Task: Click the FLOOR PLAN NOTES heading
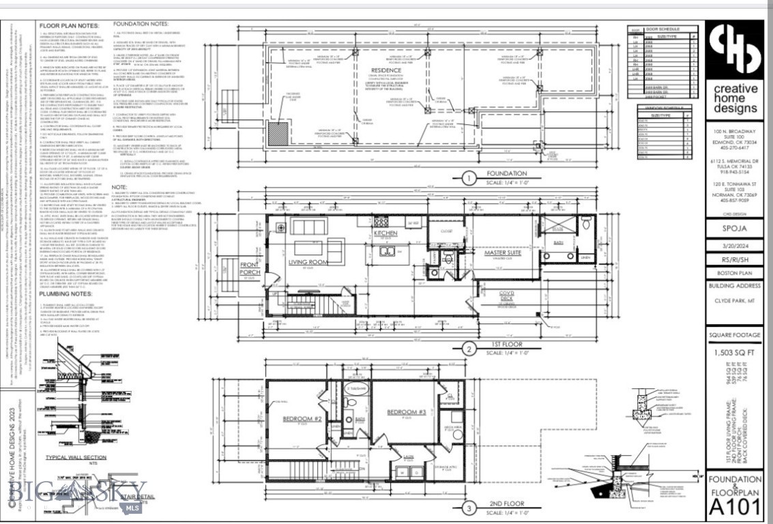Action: point(70,25)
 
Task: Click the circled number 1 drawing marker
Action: point(469,179)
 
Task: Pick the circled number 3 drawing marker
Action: point(469,507)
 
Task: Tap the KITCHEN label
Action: point(385,233)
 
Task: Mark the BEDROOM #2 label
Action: point(307,418)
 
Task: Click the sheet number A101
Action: point(734,506)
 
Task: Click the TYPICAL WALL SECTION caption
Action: point(75,458)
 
